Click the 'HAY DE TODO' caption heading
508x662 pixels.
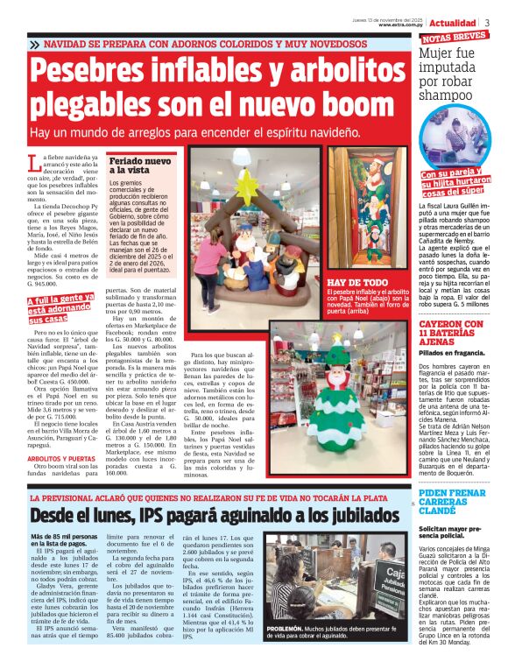click(x=356, y=283)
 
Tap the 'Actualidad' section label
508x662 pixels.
click(x=454, y=22)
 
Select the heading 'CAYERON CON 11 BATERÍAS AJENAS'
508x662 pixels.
click(x=451, y=335)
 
